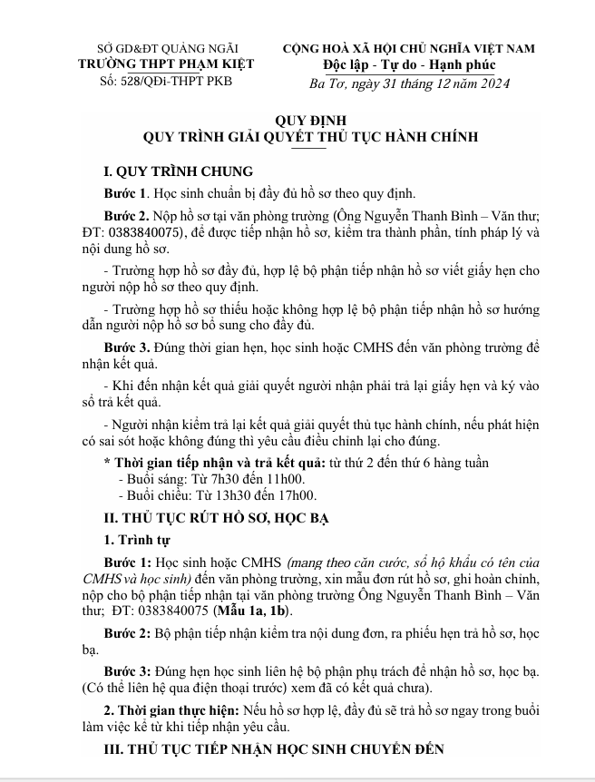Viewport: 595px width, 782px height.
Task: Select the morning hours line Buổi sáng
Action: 211,478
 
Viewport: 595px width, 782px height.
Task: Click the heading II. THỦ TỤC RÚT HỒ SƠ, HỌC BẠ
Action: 216,518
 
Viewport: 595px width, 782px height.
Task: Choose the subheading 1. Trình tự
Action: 136,541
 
